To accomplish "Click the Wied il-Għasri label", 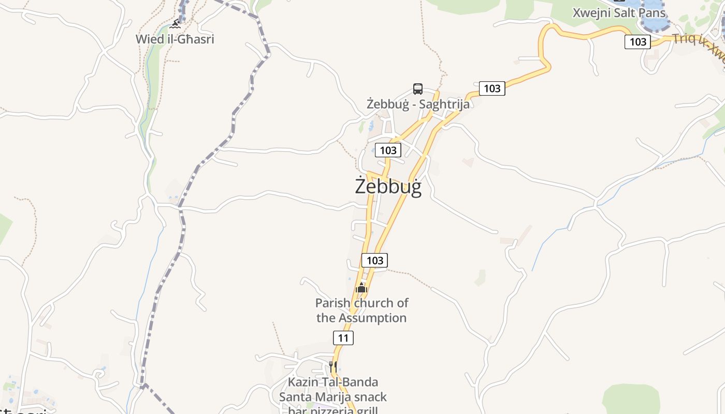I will (x=175, y=39).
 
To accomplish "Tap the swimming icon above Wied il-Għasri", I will (x=175, y=24).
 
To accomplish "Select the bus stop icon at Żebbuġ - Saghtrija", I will (x=418, y=88).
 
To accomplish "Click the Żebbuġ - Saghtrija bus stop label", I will (x=418, y=104).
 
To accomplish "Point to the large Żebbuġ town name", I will (x=388, y=186).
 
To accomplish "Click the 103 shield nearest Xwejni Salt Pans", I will (x=637, y=41).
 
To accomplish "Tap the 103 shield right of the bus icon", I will (x=491, y=88).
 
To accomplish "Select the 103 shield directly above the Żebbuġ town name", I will (x=388, y=150).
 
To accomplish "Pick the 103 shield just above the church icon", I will (x=374, y=260).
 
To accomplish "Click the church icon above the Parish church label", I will (x=361, y=288).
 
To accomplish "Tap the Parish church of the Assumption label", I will (x=361, y=310).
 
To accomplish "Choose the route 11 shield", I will (x=343, y=338).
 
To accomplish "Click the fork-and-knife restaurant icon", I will (x=333, y=367).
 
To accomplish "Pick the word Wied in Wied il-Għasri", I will (x=148, y=39).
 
